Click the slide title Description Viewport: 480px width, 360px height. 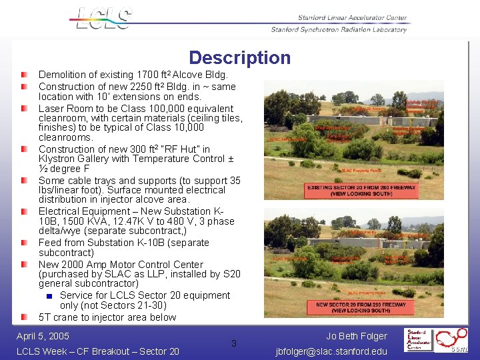click(x=239, y=58)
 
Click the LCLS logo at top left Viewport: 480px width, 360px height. click(x=101, y=19)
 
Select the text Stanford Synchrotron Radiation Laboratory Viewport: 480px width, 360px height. click(x=339, y=29)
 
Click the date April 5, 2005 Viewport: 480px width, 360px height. click(x=43, y=336)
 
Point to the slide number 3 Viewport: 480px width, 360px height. click(x=233, y=343)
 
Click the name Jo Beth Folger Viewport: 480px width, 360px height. click(x=357, y=336)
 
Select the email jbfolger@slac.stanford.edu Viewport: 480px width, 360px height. click(x=331, y=351)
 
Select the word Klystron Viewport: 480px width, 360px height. click(x=57, y=159)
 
